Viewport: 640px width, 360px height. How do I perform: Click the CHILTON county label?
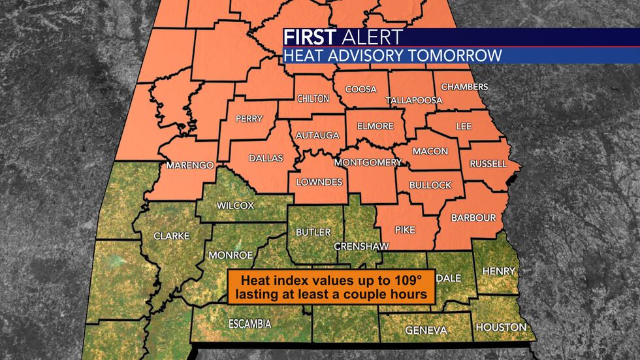pos(313,99)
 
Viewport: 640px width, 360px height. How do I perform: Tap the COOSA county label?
pos(360,89)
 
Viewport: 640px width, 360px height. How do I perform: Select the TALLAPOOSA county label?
pos(413,101)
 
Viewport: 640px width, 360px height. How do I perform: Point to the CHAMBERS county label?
pos(464,87)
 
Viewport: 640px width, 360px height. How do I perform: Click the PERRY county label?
pos(249,119)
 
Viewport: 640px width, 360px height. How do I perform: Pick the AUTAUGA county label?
pos(317,135)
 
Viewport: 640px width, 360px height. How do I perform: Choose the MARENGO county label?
pos(189,165)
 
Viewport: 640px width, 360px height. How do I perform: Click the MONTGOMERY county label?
pos(368,162)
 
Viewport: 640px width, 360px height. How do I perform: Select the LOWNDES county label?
pos(319,182)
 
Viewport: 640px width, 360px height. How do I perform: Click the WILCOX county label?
pos(236,205)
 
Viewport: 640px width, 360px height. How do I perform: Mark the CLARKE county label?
pos(171,236)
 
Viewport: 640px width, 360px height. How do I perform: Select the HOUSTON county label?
pos(500,327)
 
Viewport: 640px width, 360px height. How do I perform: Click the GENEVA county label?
pos(426,330)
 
